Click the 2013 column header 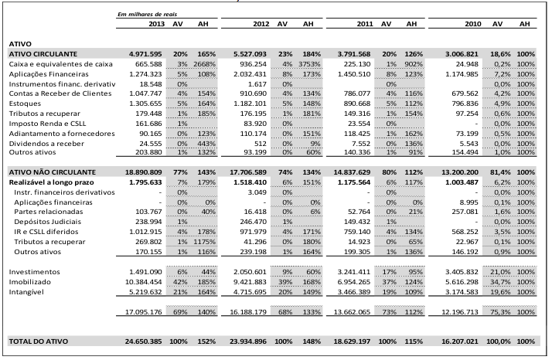tap(156, 24)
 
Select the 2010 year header tap(473, 24)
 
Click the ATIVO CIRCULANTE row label tap(43, 54)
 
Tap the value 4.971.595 tap(145, 54)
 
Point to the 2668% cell tap(205, 64)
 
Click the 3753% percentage tap(309, 64)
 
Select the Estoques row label tap(25, 104)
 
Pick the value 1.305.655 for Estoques tap(145, 104)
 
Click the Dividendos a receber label tap(46, 144)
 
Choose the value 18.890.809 tap(144, 172)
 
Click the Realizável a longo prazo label tap(51, 182)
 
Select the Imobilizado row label tap(30, 282)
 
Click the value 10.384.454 tap(144, 282)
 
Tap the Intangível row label tap(26, 292)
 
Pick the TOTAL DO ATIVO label tap(39, 341)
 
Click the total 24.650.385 tap(144, 341)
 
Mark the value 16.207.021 tap(460, 341)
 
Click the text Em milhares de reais tap(147, 15)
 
